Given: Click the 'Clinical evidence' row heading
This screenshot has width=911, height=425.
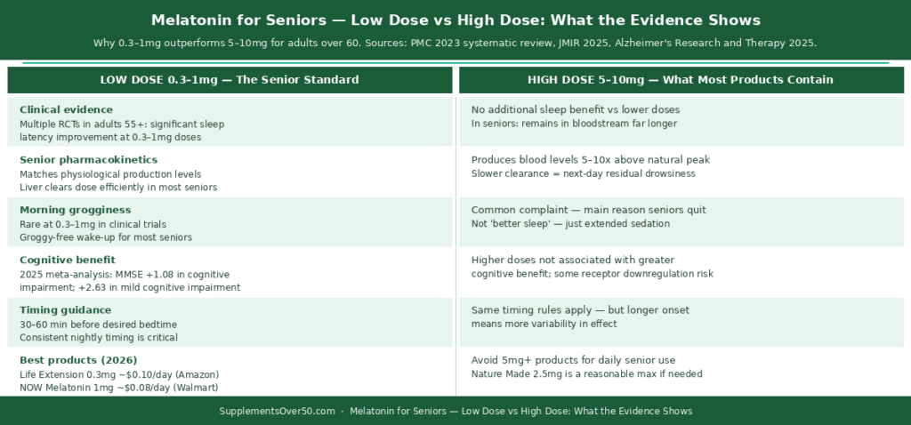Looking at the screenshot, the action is pyautogui.click(x=66, y=109).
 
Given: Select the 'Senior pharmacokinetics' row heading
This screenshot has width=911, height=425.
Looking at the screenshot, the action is pyautogui.click(x=88, y=160).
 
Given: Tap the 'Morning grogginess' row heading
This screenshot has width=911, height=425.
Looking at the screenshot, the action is pyautogui.click(x=76, y=210).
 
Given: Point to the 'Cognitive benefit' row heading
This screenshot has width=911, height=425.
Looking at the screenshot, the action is pyautogui.click(x=68, y=260).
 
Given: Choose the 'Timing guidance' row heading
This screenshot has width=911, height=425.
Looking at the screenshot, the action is pyautogui.click(x=66, y=309).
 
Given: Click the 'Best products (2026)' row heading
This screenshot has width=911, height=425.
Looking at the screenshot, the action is pyautogui.click(x=78, y=359).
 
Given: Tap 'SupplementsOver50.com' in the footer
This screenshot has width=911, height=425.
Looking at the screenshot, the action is pyautogui.click(x=278, y=411).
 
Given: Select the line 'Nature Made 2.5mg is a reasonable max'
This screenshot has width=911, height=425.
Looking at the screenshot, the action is pyautogui.click(x=587, y=374).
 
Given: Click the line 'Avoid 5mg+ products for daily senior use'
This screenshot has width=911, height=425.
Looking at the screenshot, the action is pyautogui.click(x=574, y=361).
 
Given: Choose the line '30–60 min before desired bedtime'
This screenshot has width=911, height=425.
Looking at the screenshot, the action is pyautogui.click(x=98, y=324).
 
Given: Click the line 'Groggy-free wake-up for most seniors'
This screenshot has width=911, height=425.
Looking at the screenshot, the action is pyautogui.click(x=106, y=237).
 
